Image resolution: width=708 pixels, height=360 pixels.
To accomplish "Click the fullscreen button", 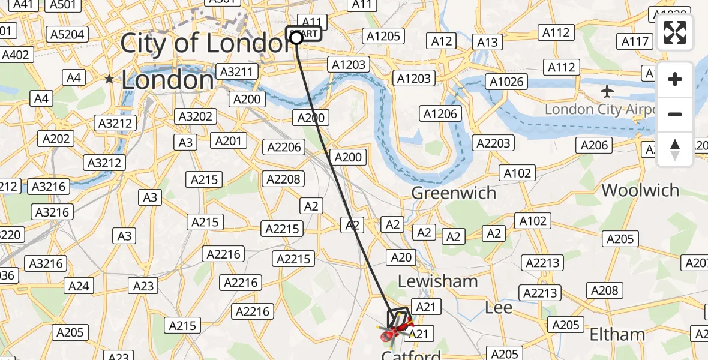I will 675,32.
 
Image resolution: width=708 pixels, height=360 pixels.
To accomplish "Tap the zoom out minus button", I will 675,115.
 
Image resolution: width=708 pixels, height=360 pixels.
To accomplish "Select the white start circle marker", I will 296,38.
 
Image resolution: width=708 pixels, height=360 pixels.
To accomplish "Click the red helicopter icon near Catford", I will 393,331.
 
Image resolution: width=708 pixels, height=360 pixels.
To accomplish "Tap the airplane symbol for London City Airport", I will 607,92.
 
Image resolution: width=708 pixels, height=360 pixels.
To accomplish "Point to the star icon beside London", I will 109,79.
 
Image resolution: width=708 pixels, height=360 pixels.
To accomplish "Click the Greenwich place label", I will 453,193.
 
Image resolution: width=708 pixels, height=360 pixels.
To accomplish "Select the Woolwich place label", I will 640,191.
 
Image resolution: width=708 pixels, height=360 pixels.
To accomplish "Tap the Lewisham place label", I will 438,281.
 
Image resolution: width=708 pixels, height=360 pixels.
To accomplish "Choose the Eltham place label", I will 617,334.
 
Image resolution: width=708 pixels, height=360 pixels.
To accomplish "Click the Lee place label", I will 499,308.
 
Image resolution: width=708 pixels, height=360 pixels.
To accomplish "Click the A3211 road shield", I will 239,72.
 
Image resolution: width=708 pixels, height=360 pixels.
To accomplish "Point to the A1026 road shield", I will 506,82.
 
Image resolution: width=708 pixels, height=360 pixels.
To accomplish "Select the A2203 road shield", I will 493,143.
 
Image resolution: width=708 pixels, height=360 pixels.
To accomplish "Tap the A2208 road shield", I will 284,179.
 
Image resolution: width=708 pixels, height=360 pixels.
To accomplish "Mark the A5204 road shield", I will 67,35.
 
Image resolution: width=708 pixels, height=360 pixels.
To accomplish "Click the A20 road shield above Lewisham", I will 401,257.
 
